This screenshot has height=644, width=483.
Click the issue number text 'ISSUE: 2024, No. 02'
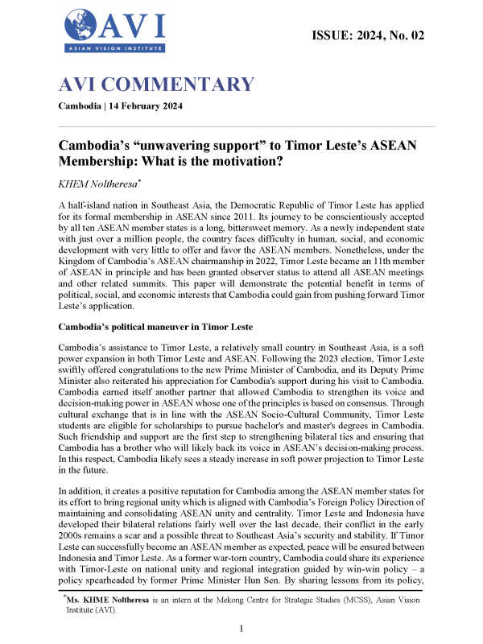[367, 35]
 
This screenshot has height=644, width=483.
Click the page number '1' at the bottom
[242, 628]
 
